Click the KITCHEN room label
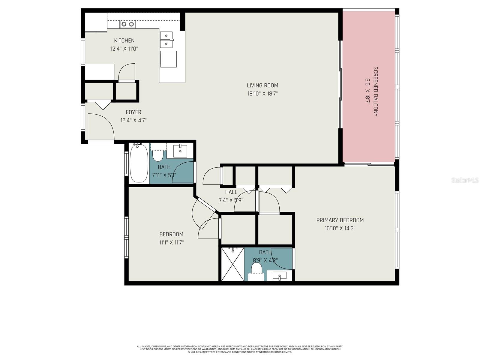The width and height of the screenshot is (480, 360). pyautogui.click(x=124, y=40)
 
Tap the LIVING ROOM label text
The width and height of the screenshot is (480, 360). pyautogui.click(x=262, y=85)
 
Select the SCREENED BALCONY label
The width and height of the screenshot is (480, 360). pyautogui.click(x=375, y=91)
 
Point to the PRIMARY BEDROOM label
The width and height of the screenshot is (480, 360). pyautogui.click(x=340, y=220)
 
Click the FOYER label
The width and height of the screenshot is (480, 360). pyautogui.click(x=133, y=112)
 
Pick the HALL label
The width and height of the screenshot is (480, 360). pyautogui.click(x=231, y=192)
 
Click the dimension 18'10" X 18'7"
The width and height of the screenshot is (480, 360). pyautogui.click(x=262, y=94)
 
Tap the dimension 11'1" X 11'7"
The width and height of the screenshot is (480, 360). pyautogui.click(x=171, y=242)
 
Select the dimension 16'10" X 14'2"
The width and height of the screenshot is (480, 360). pyautogui.click(x=340, y=228)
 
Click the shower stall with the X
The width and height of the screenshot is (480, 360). pyautogui.click(x=232, y=264)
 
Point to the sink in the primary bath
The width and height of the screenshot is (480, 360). pyautogui.click(x=279, y=276)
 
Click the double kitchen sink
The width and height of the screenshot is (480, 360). pyautogui.click(x=166, y=40)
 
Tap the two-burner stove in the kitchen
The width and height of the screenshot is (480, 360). pyautogui.click(x=127, y=24)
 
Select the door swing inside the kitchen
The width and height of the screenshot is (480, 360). pyautogui.click(x=127, y=73)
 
